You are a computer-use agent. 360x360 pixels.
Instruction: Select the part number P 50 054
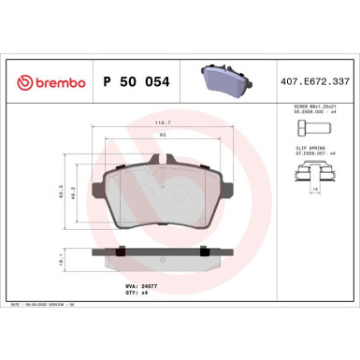pos(131,81)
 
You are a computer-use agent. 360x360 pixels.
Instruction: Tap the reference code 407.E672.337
pos(318,81)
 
